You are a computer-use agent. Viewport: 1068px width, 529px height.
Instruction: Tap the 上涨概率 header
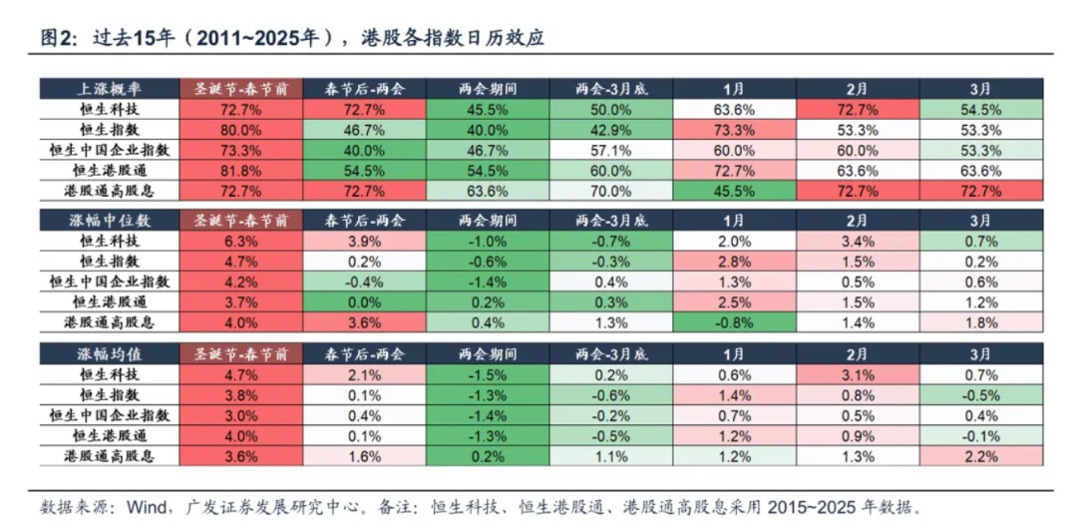pos(109,89)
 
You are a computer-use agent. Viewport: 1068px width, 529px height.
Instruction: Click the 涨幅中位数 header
pos(109,220)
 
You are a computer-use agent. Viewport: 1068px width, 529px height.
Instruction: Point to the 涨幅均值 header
pos(109,353)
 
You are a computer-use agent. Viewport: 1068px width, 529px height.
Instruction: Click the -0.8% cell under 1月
pos(734,322)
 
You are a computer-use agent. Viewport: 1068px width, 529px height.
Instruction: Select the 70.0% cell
pos(610,191)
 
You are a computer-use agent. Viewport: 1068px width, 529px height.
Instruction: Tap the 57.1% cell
pos(610,150)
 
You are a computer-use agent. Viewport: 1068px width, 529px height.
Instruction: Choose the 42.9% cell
pos(610,130)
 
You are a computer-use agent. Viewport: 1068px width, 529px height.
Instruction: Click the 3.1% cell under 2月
pos(858,374)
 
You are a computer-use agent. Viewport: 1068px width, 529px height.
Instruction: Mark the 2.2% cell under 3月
pos(980,456)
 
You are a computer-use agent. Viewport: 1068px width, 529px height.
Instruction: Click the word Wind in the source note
pos(147,507)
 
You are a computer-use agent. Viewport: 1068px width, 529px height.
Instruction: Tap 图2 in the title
pos(57,39)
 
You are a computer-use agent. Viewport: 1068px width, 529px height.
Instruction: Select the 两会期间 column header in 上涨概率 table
pos(488,89)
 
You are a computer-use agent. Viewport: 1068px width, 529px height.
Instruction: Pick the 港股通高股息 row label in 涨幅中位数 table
pos(109,322)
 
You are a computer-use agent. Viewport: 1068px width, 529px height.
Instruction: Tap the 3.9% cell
pos(364,241)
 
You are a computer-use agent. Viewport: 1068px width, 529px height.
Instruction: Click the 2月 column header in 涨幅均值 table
pos(858,353)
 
